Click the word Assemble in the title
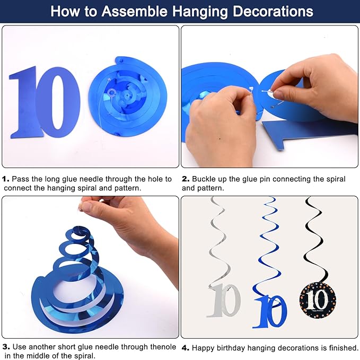pos(134,11)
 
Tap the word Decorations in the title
pos(273,12)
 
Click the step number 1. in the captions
pos(6,179)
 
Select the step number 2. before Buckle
pos(186,179)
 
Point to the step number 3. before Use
pos(6,347)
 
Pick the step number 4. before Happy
pos(186,348)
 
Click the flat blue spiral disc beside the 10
pos(128,96)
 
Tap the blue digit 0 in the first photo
pos(58,102)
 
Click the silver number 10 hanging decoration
pos(223,301)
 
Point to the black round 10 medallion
pos(318,300)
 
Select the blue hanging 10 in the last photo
pos(270,311)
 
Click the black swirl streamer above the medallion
pos(317,239)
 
